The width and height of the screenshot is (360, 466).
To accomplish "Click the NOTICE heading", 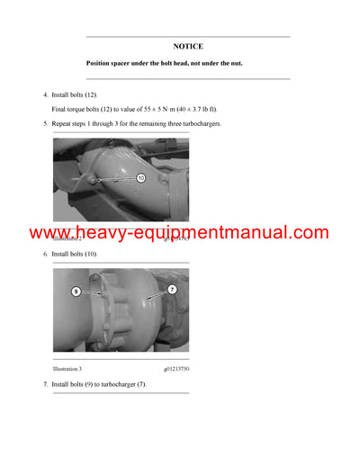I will point(188,46).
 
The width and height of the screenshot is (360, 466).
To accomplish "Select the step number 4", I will point(45,94).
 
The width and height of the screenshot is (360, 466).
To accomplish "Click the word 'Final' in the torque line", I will point(61,108).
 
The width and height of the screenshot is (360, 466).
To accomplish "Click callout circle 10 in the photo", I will point(140,178).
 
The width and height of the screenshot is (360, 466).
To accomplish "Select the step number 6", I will point(45,254).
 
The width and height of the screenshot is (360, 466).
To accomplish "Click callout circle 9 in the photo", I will point(76,291).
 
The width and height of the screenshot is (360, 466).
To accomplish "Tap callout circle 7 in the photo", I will point(172,289).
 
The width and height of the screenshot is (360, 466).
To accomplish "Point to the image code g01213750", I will point(176,369).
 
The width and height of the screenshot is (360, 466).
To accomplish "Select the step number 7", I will point(45,384).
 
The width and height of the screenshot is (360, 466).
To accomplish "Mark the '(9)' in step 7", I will point(87,384).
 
